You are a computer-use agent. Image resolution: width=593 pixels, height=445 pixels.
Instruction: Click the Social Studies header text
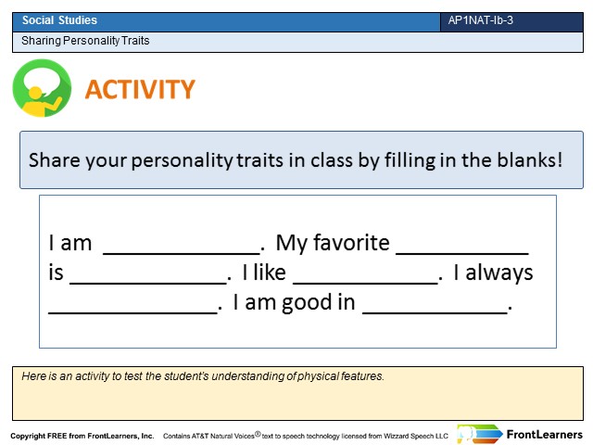pos(59,20)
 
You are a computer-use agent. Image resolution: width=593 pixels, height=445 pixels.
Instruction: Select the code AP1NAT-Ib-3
pos(480,20)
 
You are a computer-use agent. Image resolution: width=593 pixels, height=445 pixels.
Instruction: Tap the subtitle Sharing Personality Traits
pos(85,41)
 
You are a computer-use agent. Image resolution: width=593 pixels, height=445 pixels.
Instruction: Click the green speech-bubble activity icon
pos(42,88)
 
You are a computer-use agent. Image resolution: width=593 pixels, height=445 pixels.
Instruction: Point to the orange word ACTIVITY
pos(140,89)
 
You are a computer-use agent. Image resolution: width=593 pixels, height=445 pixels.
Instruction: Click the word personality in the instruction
pos(183,160)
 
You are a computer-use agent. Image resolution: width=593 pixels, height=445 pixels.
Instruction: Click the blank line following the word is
pos(148,282)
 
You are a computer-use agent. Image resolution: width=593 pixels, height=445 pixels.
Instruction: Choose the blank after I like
pos(365,282)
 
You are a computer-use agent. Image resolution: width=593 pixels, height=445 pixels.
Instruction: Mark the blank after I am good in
pos(435,312)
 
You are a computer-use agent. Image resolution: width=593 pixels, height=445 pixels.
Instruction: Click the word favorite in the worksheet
pos(351,242)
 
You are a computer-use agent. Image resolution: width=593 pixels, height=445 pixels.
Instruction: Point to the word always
pos(499,273)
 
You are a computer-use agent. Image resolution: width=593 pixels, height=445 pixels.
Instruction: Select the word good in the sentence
pos(307,303)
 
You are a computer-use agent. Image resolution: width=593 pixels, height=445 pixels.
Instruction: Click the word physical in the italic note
pos(318,376)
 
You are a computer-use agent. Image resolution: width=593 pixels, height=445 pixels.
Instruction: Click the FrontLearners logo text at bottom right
pos(544,435)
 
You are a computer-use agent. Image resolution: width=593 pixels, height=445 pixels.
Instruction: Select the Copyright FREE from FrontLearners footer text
pos(82,436)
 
